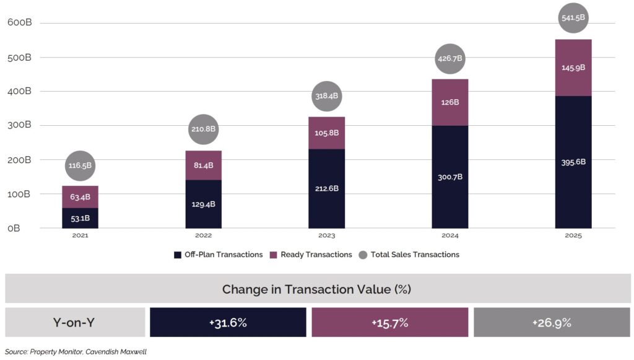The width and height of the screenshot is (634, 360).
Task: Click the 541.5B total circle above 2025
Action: [x=573, y=19]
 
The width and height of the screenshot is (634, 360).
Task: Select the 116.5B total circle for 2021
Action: [x=80, y=165]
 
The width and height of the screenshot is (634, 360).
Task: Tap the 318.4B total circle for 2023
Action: [x=326, y=97]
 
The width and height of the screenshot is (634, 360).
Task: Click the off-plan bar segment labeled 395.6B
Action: [x=573, y=162]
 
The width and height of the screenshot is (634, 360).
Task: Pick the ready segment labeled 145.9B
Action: [x=573, y=68]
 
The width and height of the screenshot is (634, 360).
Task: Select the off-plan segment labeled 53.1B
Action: [x=80, y=218]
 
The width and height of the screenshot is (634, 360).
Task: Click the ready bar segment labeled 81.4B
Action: [x=203, y=165]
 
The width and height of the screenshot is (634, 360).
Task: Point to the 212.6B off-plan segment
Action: [x=326, y=188]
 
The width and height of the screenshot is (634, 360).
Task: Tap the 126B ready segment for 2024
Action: [x=449, y=102]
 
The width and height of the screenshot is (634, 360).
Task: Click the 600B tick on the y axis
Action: [x=19, y=23]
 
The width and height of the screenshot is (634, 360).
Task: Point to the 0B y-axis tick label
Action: [x=14, y=228]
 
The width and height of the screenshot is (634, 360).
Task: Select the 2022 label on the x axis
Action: [x=203, y=236]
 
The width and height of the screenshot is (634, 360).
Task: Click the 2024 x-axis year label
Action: [x=449, y=236]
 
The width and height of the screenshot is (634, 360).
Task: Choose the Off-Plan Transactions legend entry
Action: [x=219, y=255]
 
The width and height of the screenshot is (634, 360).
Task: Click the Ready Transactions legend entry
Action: [x=311, y=255]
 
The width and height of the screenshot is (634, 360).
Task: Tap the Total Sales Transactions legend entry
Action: [x=409, y=255]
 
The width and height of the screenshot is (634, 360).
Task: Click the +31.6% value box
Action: [x=228, y=322]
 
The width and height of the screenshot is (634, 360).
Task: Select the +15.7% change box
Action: [x=389, y=322]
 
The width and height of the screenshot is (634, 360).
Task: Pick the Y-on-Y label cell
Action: [x=75, y=322]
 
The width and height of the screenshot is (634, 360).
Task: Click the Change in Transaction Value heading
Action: [x=316, y=289]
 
